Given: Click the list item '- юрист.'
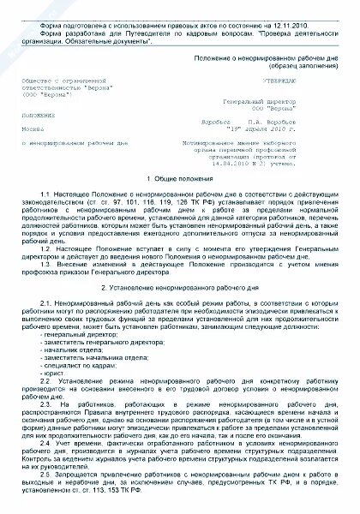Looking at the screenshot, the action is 48,378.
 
